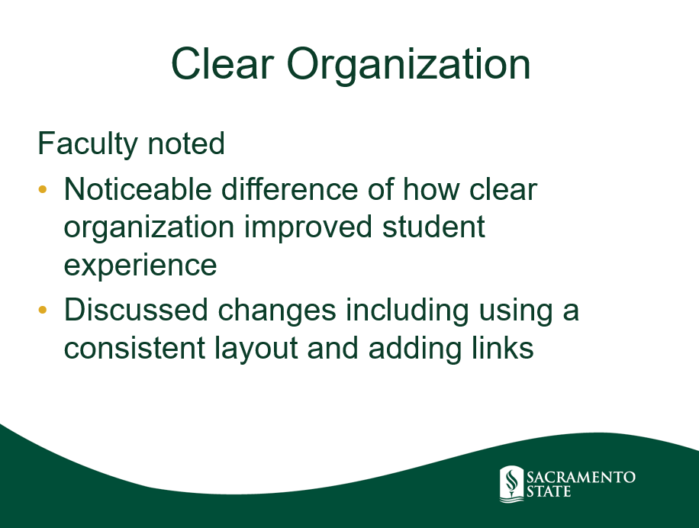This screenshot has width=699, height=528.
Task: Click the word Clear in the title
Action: pos(222,64)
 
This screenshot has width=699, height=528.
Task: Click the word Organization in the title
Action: pos(408,66)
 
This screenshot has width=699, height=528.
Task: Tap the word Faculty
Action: pos(88,144)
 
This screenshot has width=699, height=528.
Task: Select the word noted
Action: pos(186,143)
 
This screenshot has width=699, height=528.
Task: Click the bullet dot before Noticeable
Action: pos(43,189)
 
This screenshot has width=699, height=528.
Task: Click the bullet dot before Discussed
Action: pos(43,310)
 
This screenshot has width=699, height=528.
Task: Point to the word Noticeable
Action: pos(138,189)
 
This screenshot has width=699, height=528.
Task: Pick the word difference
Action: pos(289,189)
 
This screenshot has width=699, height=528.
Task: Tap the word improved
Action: pos(308,227)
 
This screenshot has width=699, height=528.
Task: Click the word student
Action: pos(433,227)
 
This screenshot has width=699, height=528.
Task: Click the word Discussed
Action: pos(136,310)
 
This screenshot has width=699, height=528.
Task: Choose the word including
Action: pos(407,311)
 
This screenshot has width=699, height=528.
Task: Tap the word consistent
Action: pos(134,348)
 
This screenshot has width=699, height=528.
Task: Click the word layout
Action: pos(256,349)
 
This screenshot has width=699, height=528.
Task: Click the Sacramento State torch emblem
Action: pos(512,484)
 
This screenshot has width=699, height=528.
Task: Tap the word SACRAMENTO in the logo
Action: pos(581,478)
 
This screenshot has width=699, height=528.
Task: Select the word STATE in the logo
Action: pos(549,492)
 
